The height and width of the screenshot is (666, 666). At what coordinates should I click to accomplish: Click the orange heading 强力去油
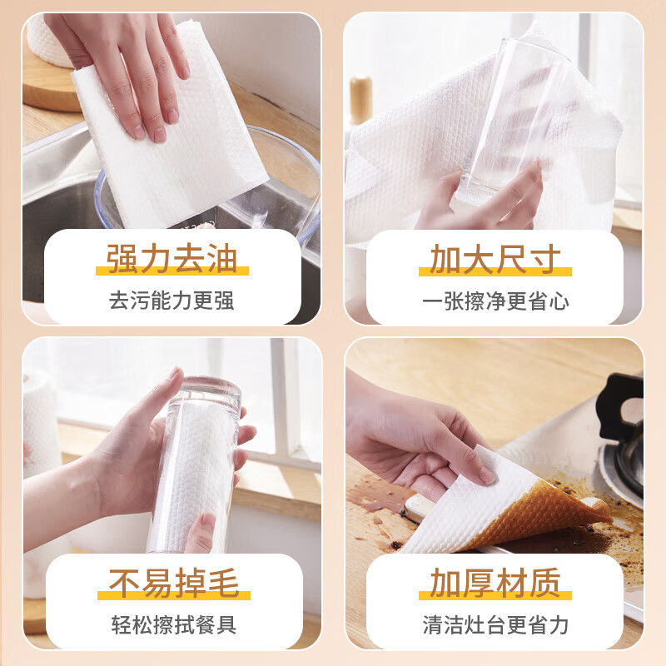pyautogui.click(x=171, y=258)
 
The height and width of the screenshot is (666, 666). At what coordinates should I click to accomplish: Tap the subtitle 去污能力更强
pyautogui.click(x=171, y=300)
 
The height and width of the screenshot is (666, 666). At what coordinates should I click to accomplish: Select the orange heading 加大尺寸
pyautogui.click(x=495, y=258)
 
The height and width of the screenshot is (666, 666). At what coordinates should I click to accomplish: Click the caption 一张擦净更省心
pyautogui.click(x=495, y=301)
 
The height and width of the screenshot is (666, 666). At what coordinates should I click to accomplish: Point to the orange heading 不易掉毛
pyautogui.click(x=172, y=582)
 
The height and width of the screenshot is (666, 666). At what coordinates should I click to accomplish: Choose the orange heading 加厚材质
pyautogui.click(x=495, y=582)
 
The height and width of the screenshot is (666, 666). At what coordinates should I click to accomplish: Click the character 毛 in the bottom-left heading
pyautogui.click(x=221, y=582)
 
